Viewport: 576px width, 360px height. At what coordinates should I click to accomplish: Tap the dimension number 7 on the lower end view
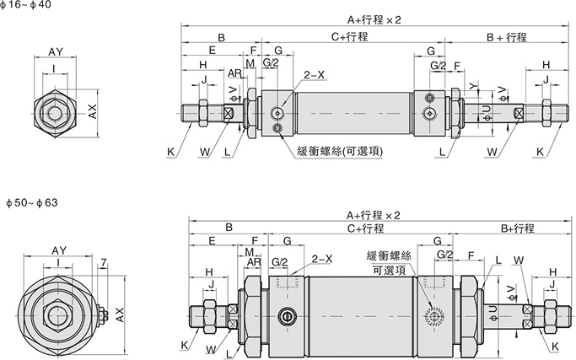(102, 263)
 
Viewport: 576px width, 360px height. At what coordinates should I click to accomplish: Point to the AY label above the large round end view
(59, 251)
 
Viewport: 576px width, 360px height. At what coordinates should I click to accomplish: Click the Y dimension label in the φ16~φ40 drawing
(473, 87)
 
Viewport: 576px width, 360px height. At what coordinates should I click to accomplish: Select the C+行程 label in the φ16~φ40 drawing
(349, 37)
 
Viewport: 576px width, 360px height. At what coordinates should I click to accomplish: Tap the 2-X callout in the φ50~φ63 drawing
(322, 259)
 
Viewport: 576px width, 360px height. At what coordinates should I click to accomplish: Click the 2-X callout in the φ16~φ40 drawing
(315, 75)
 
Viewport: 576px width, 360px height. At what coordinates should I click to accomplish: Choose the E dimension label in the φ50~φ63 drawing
(212, 241)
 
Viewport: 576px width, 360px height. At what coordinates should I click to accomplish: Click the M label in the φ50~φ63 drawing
(250, 252)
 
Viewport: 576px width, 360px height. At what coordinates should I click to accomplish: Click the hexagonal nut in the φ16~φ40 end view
(53, 110)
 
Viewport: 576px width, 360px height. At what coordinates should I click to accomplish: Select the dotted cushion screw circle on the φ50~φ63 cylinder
(435, 316)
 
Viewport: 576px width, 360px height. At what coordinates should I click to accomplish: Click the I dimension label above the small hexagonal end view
(54, 69)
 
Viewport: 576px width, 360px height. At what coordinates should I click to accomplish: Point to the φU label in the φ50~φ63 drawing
(492, 312)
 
